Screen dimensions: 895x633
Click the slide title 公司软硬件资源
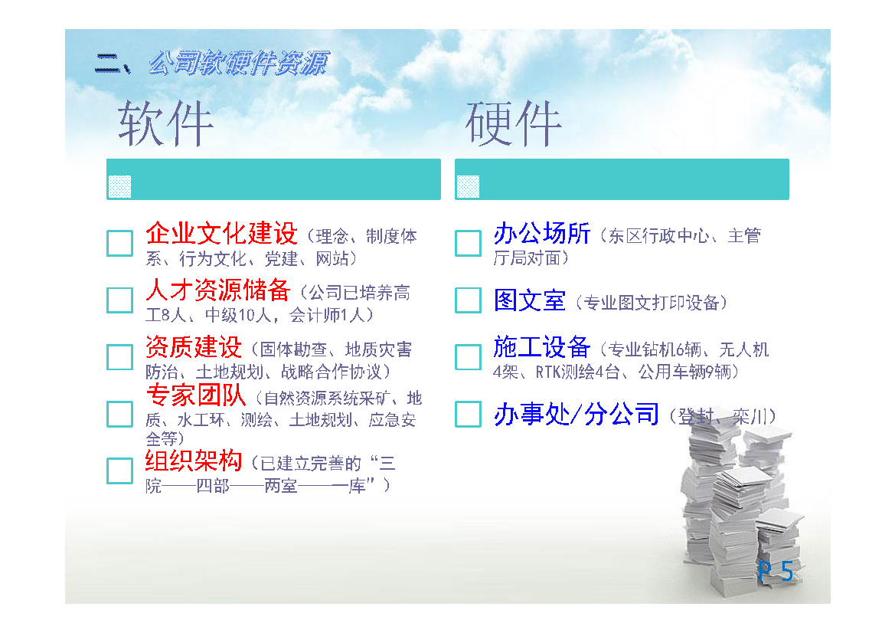(x=238, y=64)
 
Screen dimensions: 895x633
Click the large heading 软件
(x=165, y=123)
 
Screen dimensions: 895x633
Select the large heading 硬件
(x=513, y=123)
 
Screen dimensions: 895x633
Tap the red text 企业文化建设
(x=221, y=233)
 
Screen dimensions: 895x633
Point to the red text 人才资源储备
(x=217, y=290)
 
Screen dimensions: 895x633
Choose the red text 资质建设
(x=194, y=347)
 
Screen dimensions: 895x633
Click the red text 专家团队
(x=196, y=395)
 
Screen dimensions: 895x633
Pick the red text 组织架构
(x=194, y=461)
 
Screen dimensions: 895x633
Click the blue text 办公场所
(x=542, y=233)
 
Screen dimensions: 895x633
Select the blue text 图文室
(x=530, y=300)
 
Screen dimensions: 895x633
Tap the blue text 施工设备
(x=542, y=347)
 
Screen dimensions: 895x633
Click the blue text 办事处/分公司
(x=577, y=414)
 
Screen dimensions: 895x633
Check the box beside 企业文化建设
(x=120, y=244)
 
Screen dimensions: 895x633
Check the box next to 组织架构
(x=120, y=471)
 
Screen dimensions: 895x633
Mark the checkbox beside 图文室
(x=468, y=300)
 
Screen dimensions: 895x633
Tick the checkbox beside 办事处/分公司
(x=468, y=414)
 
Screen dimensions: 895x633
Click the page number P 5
(x=776, y=571)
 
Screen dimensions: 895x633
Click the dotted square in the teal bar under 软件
(x=120, y=187)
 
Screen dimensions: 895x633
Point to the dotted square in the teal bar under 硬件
(x=468, y=187)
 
